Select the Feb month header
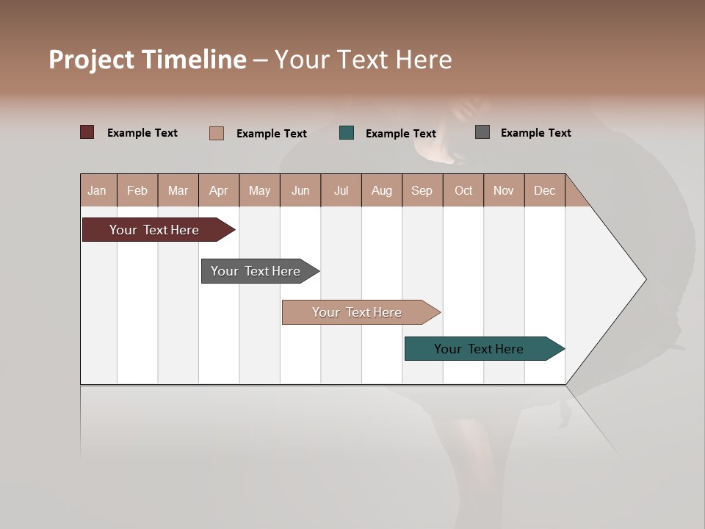click(137, 190)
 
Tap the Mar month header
click(178, 190)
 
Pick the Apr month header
click(219, 190)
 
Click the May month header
click(259, 190)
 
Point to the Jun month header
click(300, 190)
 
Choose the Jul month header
click(341, 190)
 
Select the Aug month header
click(382, 190)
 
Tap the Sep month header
click(422, 190)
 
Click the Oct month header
click(463, 190)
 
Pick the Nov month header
click(504, 190)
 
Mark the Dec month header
click(545, 190)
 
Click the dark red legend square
click(87, 132)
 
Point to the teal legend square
click(347, 133)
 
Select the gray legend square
click(482, 132)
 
